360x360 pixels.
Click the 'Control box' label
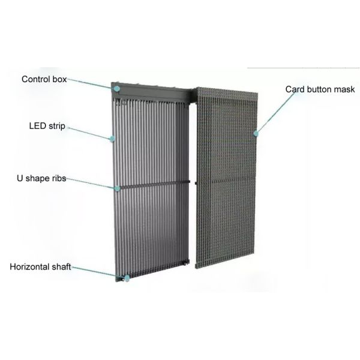pos(44,79)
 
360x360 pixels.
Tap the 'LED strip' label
pos(47,127)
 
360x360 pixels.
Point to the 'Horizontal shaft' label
pos(40,266)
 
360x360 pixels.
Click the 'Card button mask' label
pos(320,89)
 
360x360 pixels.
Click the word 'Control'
pos(34,79)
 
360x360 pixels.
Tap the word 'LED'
pos(37,127)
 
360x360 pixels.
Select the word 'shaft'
pos(61,266)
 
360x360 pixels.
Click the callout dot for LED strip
pos(112,139)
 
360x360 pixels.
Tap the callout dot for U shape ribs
pos(118,188)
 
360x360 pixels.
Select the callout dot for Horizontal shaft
pos(127,278)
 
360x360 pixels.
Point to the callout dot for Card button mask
pos(256,132)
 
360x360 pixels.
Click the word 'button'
pos(320,89)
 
